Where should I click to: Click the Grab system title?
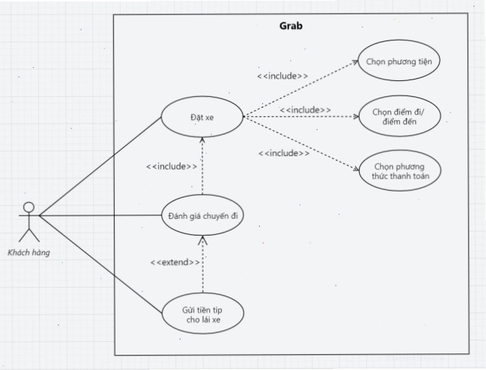point(291,26)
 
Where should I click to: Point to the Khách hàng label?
point(29,252)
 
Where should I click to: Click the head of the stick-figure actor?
point(29,207)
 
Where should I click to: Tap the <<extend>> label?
point(175,262)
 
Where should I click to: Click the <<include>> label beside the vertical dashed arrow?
point(172,166)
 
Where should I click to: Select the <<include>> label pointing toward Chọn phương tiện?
point(282,76)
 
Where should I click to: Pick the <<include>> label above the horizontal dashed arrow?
point(305,110)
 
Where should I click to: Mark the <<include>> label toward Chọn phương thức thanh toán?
point(284,153)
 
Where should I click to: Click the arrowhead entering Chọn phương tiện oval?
point(355,62)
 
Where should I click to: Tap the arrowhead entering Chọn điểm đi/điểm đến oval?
point(356,116)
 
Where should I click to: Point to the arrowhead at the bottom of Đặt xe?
point(202,140)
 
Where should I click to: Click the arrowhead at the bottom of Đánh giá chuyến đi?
point(203,240)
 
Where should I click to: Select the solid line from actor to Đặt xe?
point(100,166)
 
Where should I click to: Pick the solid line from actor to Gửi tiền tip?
point(100,264)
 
